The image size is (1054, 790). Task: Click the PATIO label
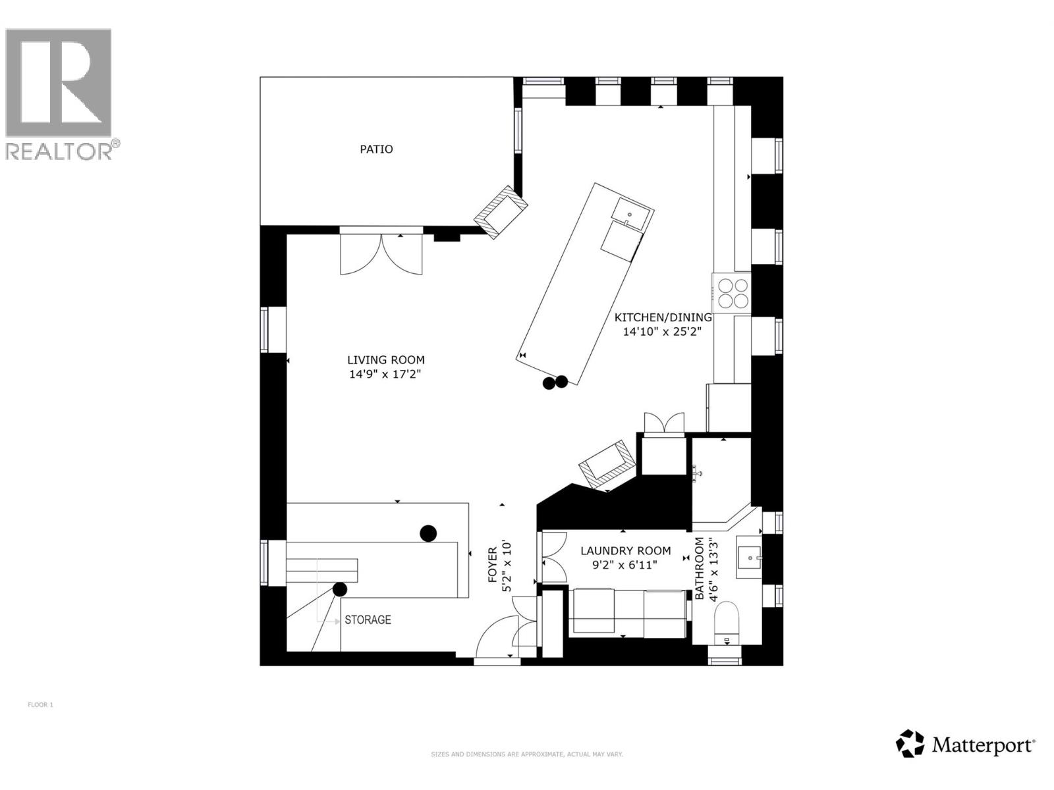point(376,149)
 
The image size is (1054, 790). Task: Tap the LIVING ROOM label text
point(386,359)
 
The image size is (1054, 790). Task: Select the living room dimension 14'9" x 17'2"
point(385,374)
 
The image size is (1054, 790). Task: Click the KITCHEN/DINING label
point(663,317)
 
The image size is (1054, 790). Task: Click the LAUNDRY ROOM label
point(626,550)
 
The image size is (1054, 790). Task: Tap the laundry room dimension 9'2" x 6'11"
point(624,565)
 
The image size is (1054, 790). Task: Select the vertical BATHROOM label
point(699,568)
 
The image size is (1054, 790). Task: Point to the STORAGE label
point(368,620)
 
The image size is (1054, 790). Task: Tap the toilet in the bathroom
point(727,625)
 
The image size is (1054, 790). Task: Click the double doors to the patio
point(381,254)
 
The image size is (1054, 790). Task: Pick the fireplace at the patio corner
point(501,211)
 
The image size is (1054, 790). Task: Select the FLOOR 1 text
point(41,704)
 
